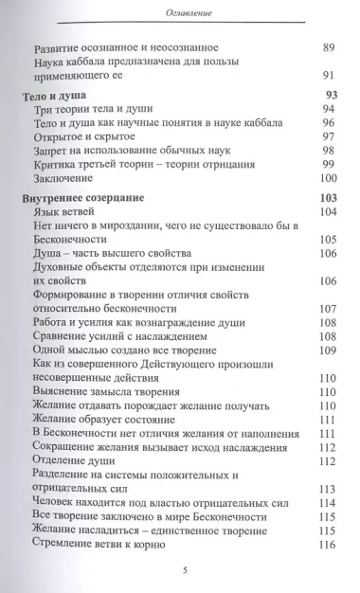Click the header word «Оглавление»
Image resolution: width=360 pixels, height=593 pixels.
point(179,10)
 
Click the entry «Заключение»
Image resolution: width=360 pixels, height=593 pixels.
point(71,178)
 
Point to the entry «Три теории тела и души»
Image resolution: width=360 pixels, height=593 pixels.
point(101,112)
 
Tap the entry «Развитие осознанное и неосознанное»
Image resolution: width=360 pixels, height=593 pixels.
point(125,46)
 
